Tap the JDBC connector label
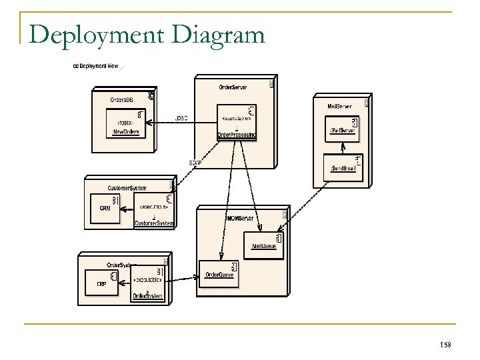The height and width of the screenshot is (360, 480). (x=181, y=118)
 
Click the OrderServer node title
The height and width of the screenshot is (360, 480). (x=233, y=87)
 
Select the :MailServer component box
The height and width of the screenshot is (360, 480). (x=342, y=127)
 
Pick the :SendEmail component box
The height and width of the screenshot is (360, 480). (x=342, y=164)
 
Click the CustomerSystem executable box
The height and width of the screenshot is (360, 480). (x=154, y=209)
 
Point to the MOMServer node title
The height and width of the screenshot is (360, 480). (x=239, y=217)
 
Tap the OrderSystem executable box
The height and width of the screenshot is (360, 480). (x=147, y=285)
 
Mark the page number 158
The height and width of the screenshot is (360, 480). (x=447, y=344)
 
